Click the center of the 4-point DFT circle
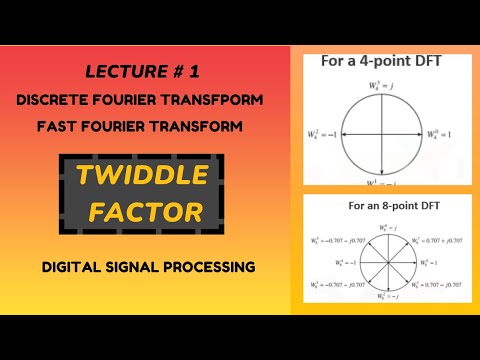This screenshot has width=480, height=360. tap(381, 132)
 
